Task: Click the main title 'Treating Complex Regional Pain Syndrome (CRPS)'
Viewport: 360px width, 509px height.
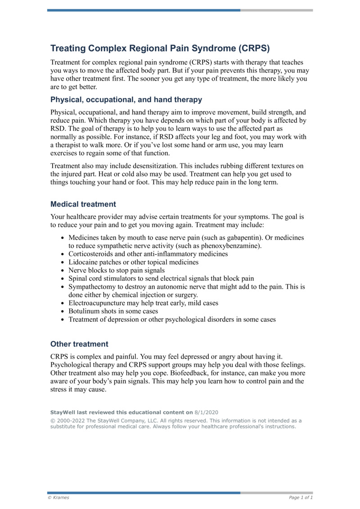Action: pos(160,48)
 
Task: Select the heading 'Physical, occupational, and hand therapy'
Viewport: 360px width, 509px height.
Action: pos(126,99)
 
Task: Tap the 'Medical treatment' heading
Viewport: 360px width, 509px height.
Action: pos(83,204)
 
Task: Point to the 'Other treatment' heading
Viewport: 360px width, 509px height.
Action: pos(79,344)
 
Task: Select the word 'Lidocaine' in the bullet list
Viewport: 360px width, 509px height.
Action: pos(82,262)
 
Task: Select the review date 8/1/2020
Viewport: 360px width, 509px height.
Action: pos(206,412)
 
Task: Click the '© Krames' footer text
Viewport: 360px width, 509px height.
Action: pos(58,498)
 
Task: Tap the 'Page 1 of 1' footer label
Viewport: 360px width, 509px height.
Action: pos(301,498)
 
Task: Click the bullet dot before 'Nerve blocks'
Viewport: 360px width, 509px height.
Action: pos(62,270)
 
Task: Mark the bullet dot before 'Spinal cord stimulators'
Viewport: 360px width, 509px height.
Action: pos(62,279)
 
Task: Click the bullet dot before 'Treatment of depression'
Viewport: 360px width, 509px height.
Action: pos(62,320)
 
